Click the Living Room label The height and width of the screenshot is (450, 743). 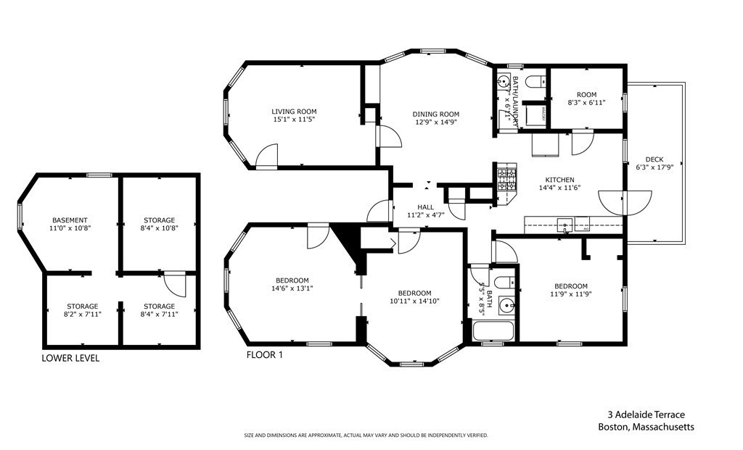[294, 112]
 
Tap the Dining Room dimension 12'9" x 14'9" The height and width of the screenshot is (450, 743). [436, 123]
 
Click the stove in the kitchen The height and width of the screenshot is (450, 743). [505, 179]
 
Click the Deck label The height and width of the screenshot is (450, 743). [654, 159]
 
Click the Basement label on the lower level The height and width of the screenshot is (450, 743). [70, 220]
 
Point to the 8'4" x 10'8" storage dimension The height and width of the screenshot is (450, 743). [159, 228]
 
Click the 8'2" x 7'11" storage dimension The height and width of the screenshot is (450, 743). [81, 314]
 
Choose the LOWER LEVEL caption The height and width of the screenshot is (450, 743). [70, 358]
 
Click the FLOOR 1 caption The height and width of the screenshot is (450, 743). [264, 355]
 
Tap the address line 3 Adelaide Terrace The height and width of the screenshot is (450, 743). [646, 415]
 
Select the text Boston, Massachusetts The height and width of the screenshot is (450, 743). [646, 427]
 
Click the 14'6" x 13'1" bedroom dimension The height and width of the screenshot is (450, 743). [292, 288]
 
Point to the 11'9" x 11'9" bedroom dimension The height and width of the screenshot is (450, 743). [571, 294]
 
